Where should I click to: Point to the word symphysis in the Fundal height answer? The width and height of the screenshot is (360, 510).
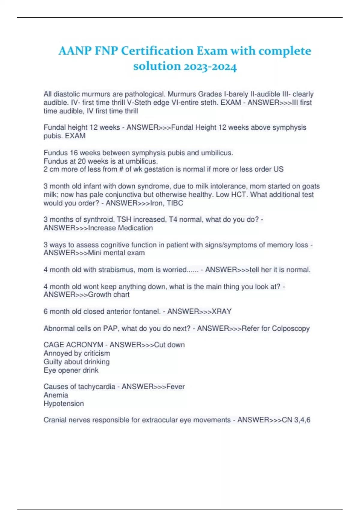pyautogui.click(x=288, y=127)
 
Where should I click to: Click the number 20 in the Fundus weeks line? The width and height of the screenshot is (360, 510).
pyautogui.click(x=82, y=161)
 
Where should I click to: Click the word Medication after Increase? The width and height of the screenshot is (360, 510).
pyautogui.click(x=135, y=228)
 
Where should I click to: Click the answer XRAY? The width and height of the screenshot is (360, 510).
pyautogui.click(x=222, y=312)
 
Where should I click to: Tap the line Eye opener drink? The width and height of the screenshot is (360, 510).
pyautogui.click(x=71, y=370)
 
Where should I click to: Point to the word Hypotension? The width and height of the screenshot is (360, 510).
pyautogui.click(x=64, y=403)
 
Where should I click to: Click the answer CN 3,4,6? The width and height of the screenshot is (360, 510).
pyautogui.click(x=296, y=420)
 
